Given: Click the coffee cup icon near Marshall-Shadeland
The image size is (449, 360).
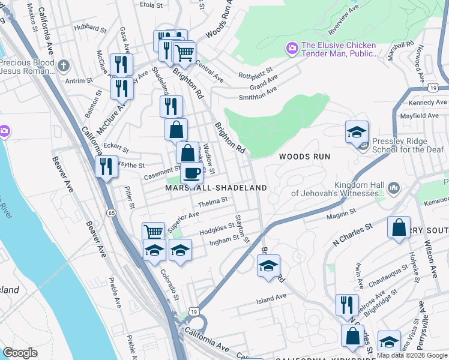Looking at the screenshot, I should click(x=191, y=173).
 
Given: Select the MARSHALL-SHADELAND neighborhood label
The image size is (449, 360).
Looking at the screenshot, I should click(x=216, y=188).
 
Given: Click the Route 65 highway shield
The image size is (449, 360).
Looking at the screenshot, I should click(x=112, y=213).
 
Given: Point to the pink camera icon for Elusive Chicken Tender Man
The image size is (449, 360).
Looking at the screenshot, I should click(x=292, y=48).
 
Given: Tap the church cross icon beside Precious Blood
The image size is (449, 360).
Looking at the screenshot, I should click(x=64, y=64).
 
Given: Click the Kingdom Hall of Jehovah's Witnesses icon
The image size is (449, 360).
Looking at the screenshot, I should click(x=394, y=188).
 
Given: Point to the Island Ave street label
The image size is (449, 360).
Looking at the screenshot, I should click(x=271, y=298).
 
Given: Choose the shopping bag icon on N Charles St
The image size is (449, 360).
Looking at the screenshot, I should click(x=399, y=228).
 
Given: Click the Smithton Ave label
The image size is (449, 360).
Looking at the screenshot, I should click(x=258, y=92).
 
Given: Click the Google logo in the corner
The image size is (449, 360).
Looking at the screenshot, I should click(x=20, y=353).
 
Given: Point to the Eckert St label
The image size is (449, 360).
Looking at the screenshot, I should click(x=116, y=146).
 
